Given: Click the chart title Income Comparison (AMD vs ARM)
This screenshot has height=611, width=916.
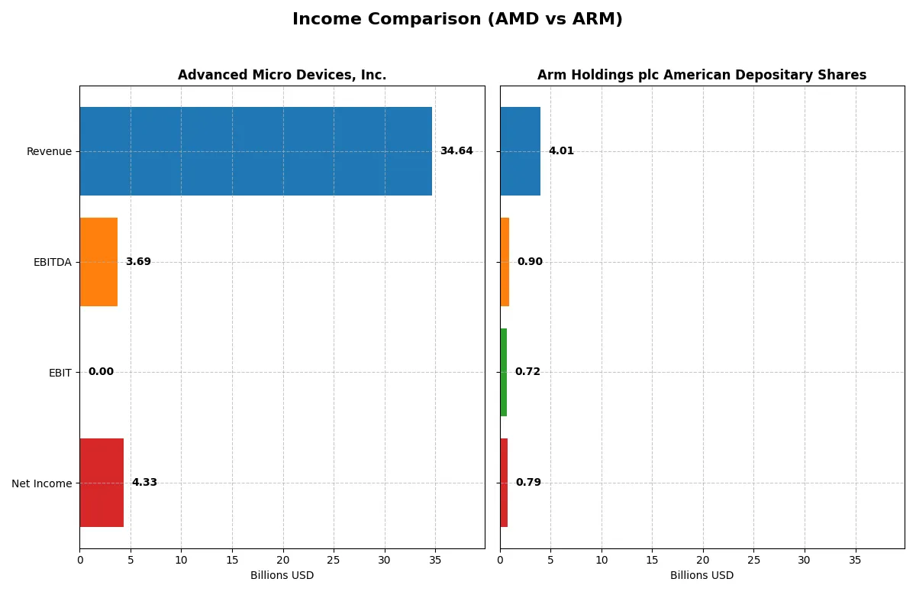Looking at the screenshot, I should coord(457,20).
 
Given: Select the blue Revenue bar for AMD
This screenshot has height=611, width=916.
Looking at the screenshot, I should coord(256,151).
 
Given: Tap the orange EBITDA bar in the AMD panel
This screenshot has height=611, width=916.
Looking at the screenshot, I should coord(98,262).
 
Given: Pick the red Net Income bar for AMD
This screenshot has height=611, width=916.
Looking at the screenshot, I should coord(102,483).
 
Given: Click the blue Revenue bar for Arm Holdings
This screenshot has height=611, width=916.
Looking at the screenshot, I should coord(520,151).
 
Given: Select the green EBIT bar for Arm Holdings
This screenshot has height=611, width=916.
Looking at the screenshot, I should coord(504,372).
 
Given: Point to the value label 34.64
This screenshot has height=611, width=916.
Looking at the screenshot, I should coord(456,151).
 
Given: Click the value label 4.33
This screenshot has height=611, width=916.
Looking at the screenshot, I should coord(144,483).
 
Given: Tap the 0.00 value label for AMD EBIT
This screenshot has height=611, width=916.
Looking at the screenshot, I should coord(101,372).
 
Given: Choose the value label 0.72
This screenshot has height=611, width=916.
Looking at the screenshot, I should coord(527,372).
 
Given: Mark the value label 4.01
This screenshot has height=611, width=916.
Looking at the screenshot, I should coord(561,151).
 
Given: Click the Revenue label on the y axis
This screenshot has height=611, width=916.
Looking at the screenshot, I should coord(49,152).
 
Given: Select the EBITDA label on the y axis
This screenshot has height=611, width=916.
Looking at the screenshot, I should coord(53,263).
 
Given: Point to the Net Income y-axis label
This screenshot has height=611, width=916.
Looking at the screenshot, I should coord(41,483).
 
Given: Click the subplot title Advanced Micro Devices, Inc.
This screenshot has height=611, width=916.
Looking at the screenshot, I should coord(282,75).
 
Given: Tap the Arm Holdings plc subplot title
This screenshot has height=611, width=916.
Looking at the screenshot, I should coord(702,75).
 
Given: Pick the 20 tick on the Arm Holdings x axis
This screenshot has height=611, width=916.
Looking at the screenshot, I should coord(703,560).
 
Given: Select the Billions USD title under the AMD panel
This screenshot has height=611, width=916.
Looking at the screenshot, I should coord(282,576).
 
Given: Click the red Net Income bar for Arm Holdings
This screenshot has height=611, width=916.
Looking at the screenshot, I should coord(504,483).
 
